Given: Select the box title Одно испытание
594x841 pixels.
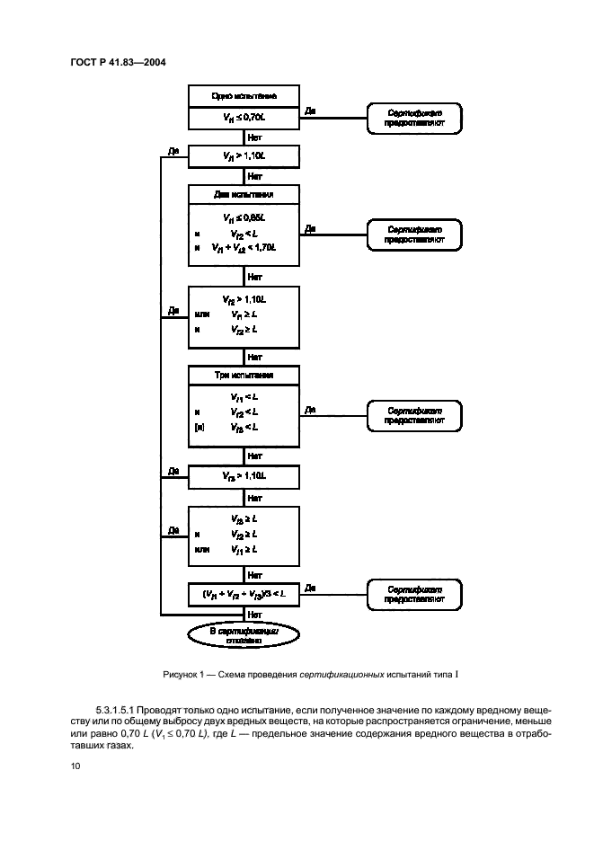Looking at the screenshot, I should tap(243, 95).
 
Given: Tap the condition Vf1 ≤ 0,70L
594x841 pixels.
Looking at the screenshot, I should tap(243, 118).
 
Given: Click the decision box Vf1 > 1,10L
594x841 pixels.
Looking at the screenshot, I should tap(243, 155).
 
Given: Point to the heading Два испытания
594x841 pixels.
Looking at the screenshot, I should tap(243, 194).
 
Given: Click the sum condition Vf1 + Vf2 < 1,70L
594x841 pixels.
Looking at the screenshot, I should tap(243, 247).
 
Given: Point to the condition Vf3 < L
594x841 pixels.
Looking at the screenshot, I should tap(244, 427).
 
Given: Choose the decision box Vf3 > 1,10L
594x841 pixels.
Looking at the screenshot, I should tap(243, 474).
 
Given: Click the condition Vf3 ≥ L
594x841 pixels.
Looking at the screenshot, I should tap(244, 518).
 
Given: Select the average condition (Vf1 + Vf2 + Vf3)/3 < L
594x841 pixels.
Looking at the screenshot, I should tap(243, 593).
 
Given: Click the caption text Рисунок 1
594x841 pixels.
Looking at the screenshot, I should tap(185, 674).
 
